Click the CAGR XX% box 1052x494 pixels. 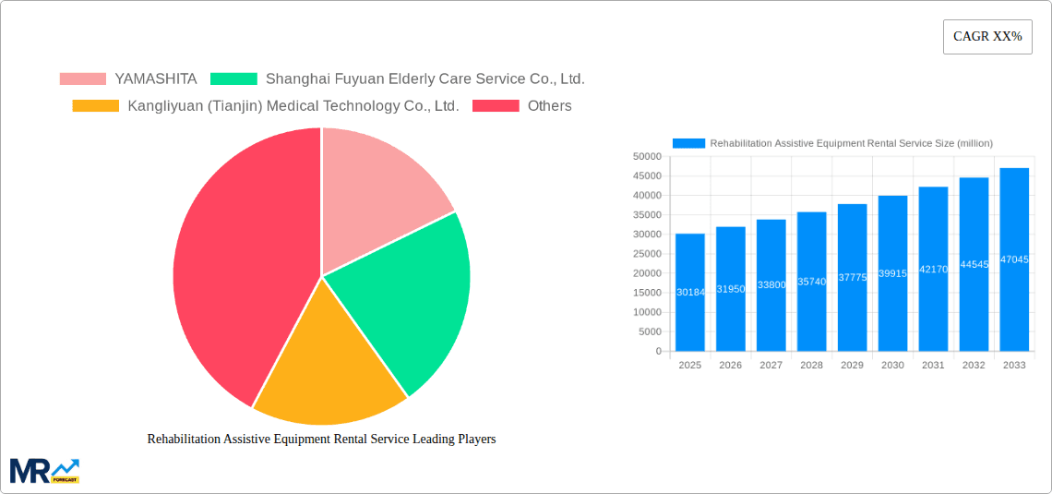[x=987, y=37]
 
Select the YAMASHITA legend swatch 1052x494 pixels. [x=82, y=79]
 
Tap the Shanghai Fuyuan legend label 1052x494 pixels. [x=424, y=79]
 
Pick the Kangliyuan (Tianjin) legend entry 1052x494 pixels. [x=293, y=106]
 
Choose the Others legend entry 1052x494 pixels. [x=549, y=106]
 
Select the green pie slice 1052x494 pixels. [x=406, y=295]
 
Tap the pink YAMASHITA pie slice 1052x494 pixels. [x=378, y=194]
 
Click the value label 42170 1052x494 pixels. [x=933, y=270]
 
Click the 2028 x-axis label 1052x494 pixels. [x=811, y=366]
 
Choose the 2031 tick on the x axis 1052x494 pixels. [x=933, y=366]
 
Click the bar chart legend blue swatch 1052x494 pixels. [x=688, y=143]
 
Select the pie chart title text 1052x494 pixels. [x=321, y=440]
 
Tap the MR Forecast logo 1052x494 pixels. [x=44, y=471]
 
